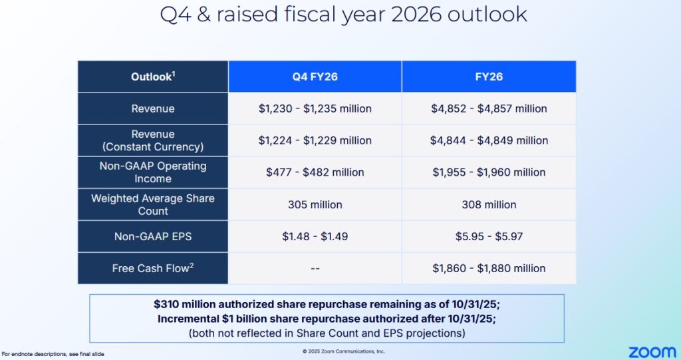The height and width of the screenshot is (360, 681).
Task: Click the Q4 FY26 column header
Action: pyautogui.click(x=315, y=77)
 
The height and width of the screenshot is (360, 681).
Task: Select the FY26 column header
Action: pyautogui.click(x=489, y=77)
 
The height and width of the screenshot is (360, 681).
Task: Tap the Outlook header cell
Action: pyautogui.click(x=153, y=77)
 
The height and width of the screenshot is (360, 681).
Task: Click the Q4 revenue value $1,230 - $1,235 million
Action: pyautogui.click(x=315, y=108)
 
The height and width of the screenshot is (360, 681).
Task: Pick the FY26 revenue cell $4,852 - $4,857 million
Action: pyautogui.click(x=489, y=108)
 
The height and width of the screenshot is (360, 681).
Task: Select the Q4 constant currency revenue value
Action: pyautogui.click(x=315, y=140)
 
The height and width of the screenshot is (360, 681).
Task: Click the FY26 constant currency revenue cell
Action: pyautogui.click(x=489, y=140)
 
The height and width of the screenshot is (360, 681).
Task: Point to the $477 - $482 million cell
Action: pyautogui.click(x=315, y=172)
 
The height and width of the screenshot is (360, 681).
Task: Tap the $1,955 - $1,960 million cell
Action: pyautogui.click(x=489, y=172)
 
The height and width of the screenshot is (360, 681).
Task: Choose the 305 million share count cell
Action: pyautogui.click(x=315, y=204)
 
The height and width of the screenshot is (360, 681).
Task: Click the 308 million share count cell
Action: pyautogui.click(x=489, y=204)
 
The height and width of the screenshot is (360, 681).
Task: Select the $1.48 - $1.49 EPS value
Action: pyautogui.click(x=315, y=236)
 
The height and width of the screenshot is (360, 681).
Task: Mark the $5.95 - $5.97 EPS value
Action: pyautogui.click(x=489, y=236)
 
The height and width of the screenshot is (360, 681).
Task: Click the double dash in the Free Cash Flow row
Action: pyautogui.click(x=315, y=268)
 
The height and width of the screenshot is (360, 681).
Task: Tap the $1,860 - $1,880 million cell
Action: pyautogui.click(x=489, y=268)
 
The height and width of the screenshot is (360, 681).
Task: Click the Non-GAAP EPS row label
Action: pyautogui.click(x=153, y=236)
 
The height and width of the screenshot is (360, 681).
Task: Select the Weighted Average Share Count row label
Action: pyautogui.click(x=153, y=204)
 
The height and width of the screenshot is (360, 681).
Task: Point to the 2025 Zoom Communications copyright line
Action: pyautogui.click(x=343, y=351)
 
